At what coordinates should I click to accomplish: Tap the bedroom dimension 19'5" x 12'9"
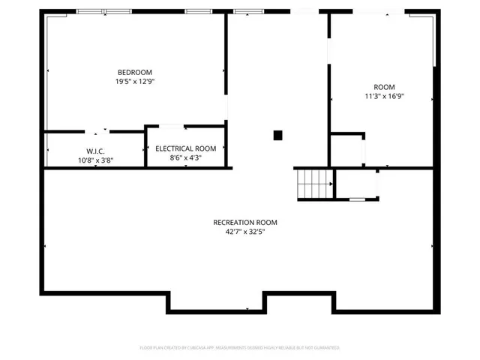click(135, 81)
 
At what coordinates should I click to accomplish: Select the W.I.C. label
click(95, 151)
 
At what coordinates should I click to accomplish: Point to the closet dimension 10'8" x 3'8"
click(95, 160)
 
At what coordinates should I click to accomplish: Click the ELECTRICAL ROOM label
click(185, 148)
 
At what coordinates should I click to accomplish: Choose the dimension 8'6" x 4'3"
click(185, 157)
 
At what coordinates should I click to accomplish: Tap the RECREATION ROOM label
click(245, 223)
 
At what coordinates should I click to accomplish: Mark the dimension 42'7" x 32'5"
click(245, 232)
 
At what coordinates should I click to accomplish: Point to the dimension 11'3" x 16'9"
click(385, 96)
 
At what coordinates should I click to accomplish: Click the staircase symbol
click(314, 184)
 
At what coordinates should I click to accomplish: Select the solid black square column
click(277, 135)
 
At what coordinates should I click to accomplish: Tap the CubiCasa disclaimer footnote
click(240, 348)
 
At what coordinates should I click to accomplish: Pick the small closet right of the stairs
click(355, 184)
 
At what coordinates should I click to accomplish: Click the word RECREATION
click(234, 223)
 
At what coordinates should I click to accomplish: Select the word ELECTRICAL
click(175, 148)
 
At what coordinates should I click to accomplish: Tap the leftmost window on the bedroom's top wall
click(94, 11)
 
